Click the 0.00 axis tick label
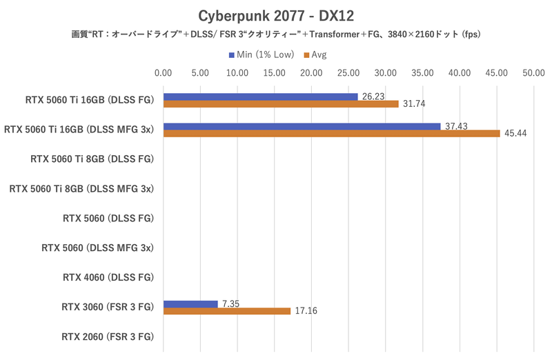164,72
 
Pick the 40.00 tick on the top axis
460,72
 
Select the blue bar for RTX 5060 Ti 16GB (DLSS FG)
260,97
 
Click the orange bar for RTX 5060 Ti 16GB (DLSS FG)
281,104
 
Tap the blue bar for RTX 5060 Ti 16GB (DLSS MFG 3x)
302,126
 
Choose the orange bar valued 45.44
331,134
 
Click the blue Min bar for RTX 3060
190,304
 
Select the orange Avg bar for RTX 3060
227,312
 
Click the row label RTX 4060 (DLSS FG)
108,278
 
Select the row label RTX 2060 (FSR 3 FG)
108,337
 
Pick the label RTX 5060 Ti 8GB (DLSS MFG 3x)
81,188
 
